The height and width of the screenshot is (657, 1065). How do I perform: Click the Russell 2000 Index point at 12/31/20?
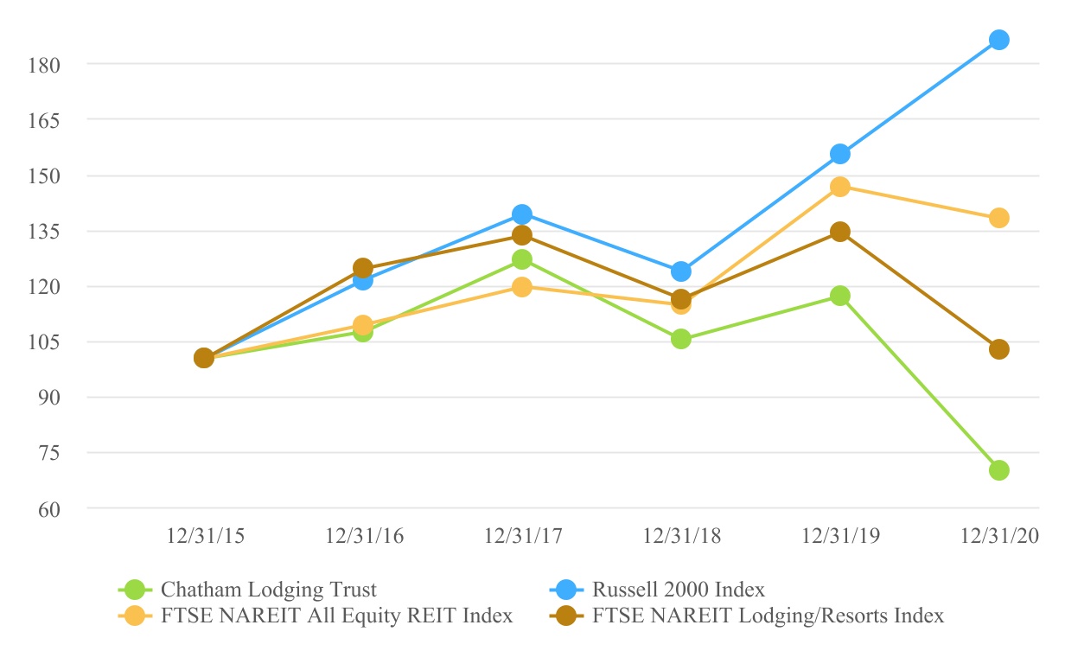998,40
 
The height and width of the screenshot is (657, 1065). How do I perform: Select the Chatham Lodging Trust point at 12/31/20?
998,470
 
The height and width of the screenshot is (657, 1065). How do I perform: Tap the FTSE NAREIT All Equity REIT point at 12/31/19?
839,187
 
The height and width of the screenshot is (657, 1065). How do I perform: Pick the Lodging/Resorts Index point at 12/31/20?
998,349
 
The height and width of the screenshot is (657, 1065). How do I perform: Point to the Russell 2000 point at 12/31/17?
521,214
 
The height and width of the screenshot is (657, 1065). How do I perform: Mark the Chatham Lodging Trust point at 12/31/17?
521,259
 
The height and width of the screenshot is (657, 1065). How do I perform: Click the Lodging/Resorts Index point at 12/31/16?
363,268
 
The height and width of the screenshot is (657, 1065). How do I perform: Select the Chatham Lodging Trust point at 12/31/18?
680,339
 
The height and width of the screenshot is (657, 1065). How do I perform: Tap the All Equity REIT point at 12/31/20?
998,218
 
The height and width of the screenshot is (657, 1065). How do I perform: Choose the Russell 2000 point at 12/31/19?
839,154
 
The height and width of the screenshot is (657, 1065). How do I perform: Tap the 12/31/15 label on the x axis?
205,537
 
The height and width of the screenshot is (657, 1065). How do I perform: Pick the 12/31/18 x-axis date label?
681,537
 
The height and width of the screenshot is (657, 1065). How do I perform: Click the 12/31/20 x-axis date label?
999,537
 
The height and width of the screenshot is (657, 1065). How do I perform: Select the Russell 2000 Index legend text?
679,590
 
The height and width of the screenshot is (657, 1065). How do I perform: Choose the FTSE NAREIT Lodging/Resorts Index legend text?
768,616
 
